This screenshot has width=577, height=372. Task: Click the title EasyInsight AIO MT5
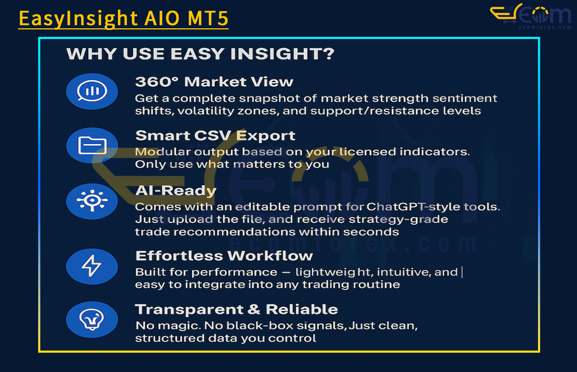123,18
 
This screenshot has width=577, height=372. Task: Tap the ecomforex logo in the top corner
531,16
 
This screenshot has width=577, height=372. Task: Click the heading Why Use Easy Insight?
200,54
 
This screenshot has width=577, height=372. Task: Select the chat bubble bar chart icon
92,91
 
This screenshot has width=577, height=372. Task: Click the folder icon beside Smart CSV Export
92,145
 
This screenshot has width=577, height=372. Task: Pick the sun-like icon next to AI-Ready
92,201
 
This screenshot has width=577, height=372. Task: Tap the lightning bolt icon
92,266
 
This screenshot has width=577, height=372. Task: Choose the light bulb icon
92,319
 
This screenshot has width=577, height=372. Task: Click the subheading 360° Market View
214,82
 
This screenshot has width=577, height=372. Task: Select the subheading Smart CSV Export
215,136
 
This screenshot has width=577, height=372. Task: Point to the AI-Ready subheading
176,191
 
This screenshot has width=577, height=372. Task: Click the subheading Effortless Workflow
224,256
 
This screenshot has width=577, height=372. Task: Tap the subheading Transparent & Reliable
237,309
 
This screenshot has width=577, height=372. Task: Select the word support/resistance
374,111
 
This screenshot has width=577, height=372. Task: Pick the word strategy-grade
398,219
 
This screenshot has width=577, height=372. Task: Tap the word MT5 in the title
207,18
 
